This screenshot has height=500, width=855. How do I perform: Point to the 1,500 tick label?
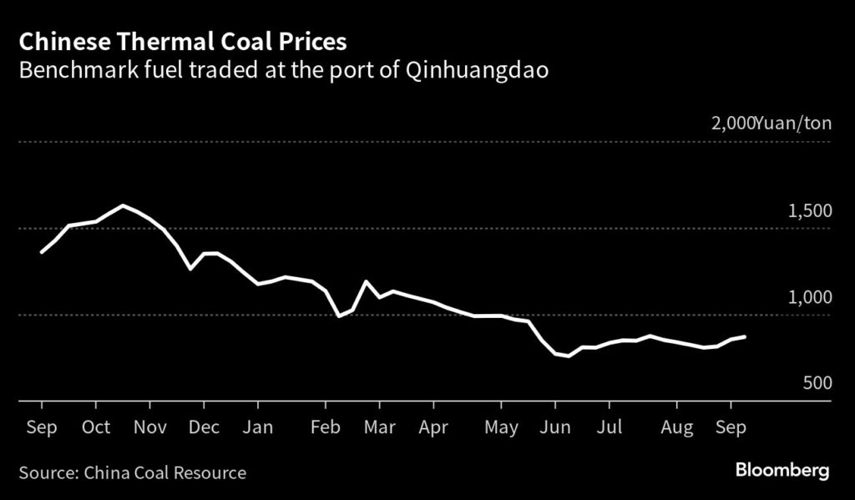[808, 211]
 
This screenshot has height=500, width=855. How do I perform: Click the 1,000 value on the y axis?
[808, 298]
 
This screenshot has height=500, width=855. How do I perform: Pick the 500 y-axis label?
[816, 383]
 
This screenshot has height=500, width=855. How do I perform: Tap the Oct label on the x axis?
[96, 427]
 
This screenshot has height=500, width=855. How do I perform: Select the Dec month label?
[204, 427]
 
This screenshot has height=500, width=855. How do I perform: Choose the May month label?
[501, 427]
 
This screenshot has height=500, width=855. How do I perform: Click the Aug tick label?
[676, 427]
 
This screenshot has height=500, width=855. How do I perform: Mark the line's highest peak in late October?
[124, 205]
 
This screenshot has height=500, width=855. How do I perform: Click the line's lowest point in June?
[569, 356]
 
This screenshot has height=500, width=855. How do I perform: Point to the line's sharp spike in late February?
[366, 281]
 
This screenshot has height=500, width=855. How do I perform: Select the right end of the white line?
[745, 336]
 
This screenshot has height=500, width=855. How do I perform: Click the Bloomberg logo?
[782, 472]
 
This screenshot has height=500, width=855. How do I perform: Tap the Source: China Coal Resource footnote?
[133, 473]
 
